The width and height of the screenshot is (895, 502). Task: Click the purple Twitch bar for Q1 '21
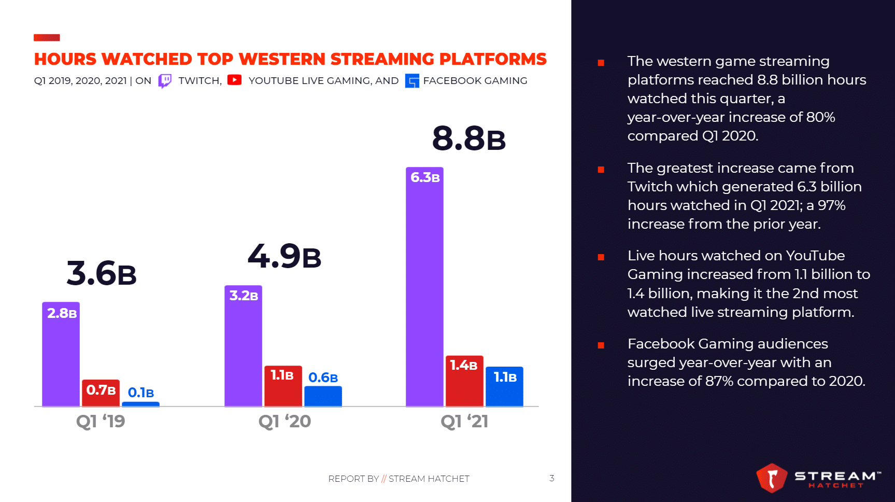pyautogui.click(x=424, y=290)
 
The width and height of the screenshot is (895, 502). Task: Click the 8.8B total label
pyautogui.click(x=468, y=139)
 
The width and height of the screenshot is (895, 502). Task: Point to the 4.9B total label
pyautogui.click(x=285, y=257)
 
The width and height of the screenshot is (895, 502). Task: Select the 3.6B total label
pyautogui.click(x=102, y=274)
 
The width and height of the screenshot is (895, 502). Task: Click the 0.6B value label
pyautogui.click(x=323, y=378)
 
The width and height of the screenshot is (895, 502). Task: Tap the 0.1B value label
pyautogui.click(x=140, y=393)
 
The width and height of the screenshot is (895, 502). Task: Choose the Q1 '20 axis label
pyautogui.click(x=285, y=421)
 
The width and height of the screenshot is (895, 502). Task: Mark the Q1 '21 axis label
pyautogui.click(x=464, y=421)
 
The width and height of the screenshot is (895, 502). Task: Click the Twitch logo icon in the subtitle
pyautogui.click(x=165, y=81)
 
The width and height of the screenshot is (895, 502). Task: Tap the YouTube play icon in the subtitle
pyautogui.click(x=234, y=80)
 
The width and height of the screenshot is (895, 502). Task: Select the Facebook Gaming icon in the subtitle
pyautogui.click(x=412, y=81)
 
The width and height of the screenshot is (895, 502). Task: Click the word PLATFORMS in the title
pyautogui.click(x=492, y=59)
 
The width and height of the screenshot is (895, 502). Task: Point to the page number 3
pyautogui.click(x=552, y=478)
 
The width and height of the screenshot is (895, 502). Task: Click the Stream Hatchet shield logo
pyautogui.click(x=772, y=478)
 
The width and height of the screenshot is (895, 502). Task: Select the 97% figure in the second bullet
pyautogui.click(x=831, y=205)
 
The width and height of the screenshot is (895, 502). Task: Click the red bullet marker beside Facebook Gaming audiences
pyautogui.click(x=601, y=345)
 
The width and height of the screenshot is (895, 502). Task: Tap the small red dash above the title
pyautogui.click(x=47, y=37)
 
